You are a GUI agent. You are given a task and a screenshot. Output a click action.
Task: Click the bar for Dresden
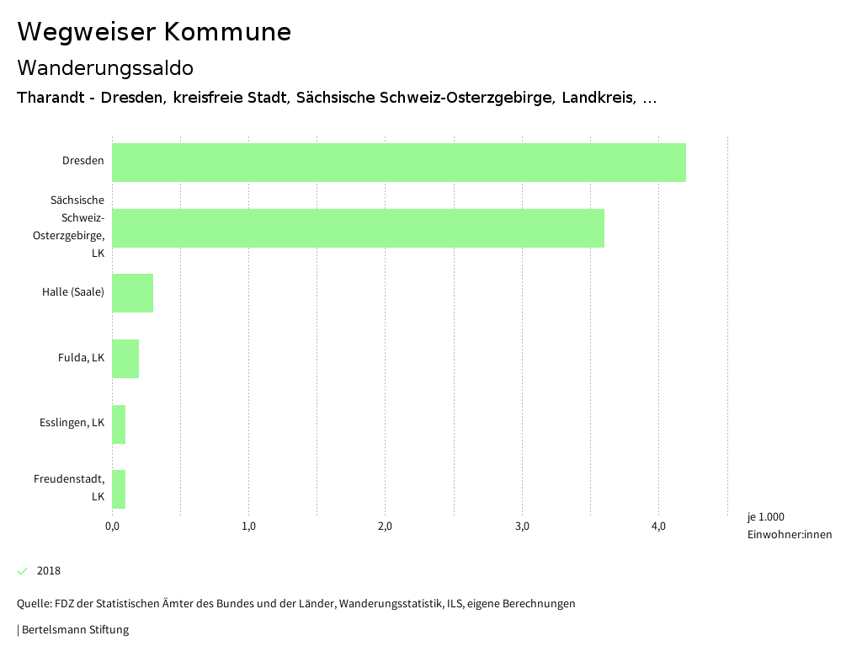point(398,163)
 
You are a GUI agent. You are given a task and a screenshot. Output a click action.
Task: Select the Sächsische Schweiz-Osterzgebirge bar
point(358,227)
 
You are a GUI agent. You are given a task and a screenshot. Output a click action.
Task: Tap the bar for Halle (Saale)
point(132,293)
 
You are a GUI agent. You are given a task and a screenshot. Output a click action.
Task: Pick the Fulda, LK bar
point(125,359)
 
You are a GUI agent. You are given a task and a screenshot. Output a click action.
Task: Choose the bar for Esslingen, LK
point(119,425)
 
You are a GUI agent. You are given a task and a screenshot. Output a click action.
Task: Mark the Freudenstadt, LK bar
point(119,489)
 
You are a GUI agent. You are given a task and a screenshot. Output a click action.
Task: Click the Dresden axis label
point(83,161)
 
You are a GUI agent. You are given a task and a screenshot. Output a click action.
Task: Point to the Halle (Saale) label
point(73,292)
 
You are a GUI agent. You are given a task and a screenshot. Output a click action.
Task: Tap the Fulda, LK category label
point(82,358)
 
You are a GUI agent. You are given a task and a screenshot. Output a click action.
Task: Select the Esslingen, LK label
point(72,423)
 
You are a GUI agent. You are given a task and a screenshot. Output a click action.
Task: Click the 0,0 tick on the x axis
point(112,526)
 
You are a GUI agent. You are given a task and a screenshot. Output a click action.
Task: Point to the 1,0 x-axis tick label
point(248,526)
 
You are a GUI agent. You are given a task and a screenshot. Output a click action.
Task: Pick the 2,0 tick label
point(386,526)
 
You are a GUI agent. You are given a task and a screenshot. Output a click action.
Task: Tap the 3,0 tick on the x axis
point(522,526)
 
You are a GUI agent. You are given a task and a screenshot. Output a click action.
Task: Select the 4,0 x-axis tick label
point(658,526)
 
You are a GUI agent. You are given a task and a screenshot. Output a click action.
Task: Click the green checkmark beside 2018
point(23,571)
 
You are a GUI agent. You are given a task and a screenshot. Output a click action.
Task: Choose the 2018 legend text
point(49,571)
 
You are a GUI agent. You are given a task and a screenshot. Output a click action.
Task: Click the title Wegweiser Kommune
point(154,32)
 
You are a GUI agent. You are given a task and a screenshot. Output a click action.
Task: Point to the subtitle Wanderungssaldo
point(105,67)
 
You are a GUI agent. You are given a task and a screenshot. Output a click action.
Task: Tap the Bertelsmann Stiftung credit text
point(74,629)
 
